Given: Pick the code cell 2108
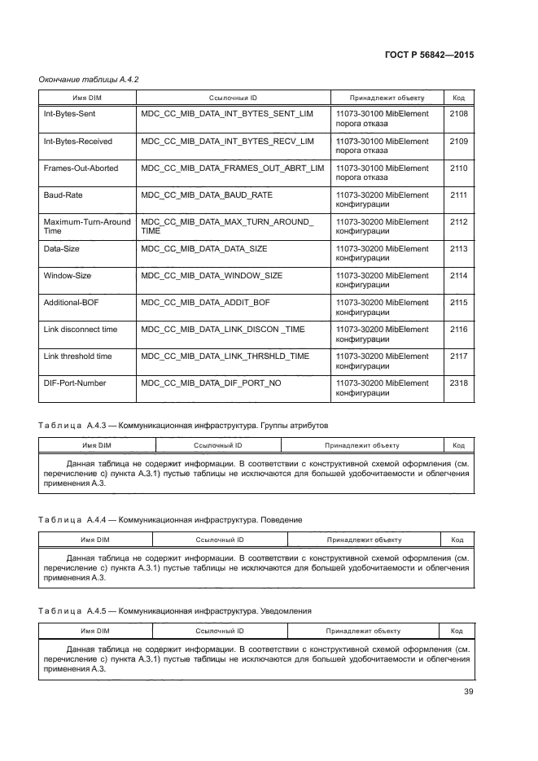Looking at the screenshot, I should point(458,115).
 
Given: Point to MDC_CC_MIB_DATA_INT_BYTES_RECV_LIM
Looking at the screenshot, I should point(227,142).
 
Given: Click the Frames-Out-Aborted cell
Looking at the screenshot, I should point(81,168).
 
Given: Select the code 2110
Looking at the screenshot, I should point(458,168).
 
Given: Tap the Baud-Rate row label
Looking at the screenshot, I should point(63,195).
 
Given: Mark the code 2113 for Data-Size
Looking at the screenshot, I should point(458,249).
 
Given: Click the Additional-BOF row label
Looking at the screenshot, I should point(72,303).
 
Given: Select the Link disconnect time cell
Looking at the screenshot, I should point(80,330).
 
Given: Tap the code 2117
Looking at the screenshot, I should point(458,356).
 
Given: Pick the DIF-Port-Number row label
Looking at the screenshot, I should point(75,383).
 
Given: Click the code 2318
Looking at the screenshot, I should point(458,383).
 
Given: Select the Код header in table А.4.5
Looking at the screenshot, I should point(457,631).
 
